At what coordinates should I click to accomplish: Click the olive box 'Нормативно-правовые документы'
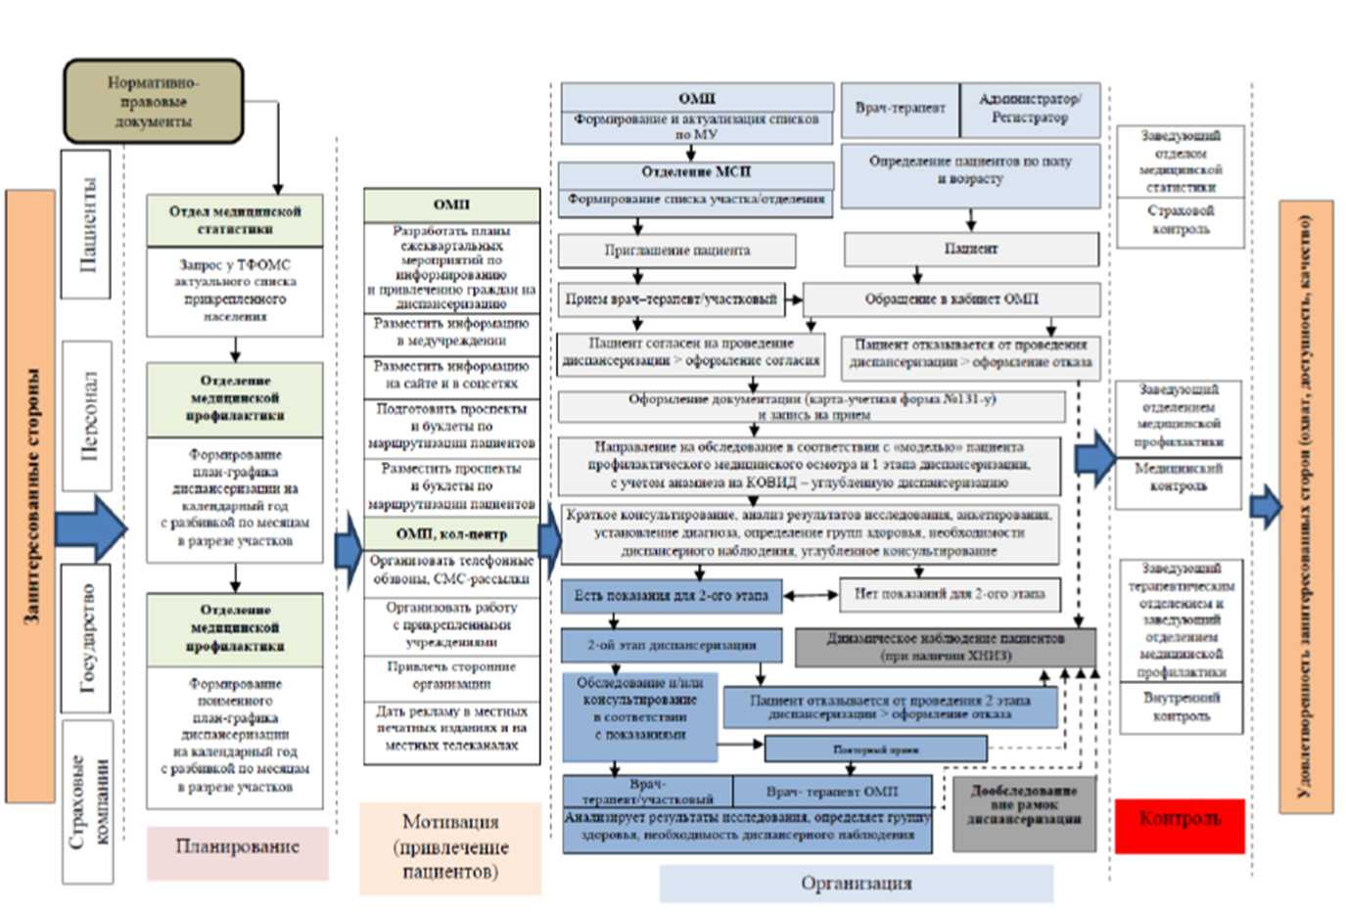(153, 101)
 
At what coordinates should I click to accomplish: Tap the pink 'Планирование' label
(237, 846)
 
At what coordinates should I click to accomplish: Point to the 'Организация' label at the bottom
(856, 883)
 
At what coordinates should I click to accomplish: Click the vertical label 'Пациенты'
(86, 224)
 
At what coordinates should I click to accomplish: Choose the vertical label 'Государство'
(86, 638)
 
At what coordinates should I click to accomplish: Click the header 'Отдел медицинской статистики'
(235, 220)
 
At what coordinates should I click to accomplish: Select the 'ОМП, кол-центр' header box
(451, 534)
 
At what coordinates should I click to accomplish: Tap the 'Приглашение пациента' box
(676, 251)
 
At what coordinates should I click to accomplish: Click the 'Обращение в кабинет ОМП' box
(951, 299)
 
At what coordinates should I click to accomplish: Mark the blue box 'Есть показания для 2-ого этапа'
(672, 595)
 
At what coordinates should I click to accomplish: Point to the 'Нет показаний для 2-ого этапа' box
(950, 594)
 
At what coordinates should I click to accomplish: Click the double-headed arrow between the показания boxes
(811, 595)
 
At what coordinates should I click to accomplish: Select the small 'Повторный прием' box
(875, 750)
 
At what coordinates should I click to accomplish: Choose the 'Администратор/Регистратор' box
(1030, 109)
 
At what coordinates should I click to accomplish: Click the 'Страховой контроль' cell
(1181, 221)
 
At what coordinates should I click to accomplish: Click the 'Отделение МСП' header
(696, 172)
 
